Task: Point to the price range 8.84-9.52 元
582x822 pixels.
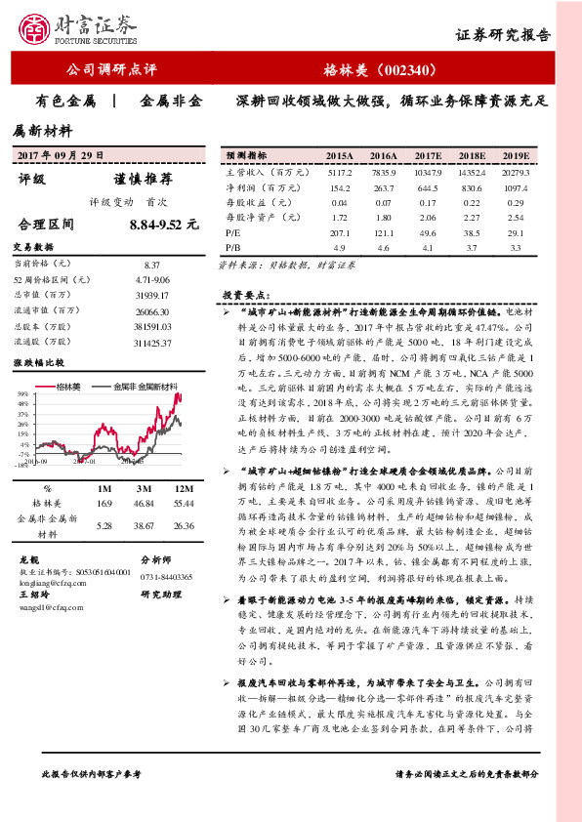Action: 163,225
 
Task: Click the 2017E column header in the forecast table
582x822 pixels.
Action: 427,155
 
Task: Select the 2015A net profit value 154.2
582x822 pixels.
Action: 340,187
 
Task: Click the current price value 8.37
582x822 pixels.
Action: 151,265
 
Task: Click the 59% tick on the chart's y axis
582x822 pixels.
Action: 21,393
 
